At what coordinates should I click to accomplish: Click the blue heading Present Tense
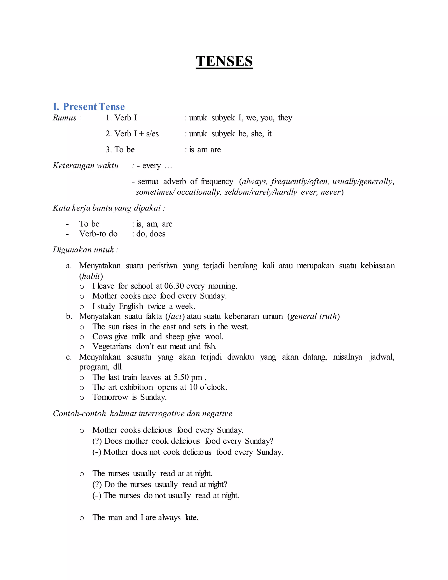(93, 107)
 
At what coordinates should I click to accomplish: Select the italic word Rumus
(65, 118)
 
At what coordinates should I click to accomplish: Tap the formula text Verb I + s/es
(132, 134)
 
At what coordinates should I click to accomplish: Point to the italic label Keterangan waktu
(86, 166)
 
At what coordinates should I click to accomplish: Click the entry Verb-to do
(98, 234)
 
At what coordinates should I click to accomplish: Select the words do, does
(150, 234)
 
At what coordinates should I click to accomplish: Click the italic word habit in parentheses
(91, 276)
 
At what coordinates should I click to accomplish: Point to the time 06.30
(174, 286)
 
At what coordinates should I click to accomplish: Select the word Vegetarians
(112, 346)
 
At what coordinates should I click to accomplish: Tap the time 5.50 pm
(188, 377)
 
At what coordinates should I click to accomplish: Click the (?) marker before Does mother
(97, 441)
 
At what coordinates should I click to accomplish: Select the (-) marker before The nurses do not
(97, 496)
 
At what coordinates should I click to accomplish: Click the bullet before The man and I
(82, 518)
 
